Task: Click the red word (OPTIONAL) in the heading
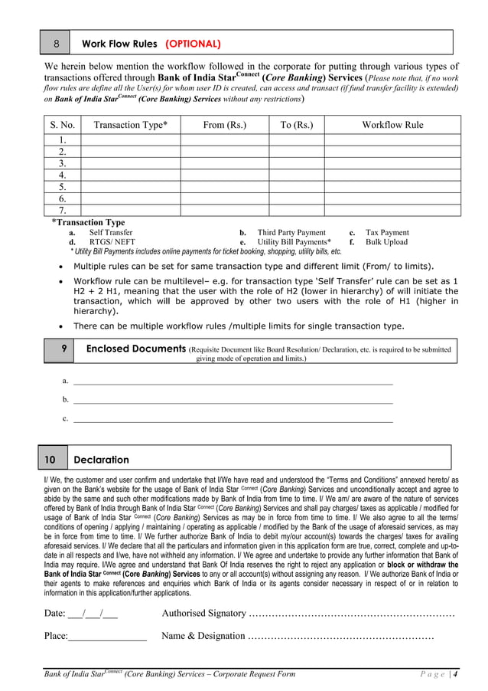[194, 44]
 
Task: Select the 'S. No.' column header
[63, 125]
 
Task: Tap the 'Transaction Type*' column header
[130, 125]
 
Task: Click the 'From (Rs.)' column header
[225, 125]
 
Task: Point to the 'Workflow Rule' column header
[392, 125]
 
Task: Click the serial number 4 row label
[63, 175]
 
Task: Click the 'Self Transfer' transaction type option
[111, 232]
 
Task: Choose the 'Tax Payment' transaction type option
[387, 232]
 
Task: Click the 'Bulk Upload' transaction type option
[386, 242]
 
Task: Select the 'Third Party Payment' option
[291, 232]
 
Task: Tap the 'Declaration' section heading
[101, 460]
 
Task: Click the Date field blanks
[92, 613]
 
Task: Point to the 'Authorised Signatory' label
[203, 613]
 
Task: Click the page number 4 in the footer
[456, 674]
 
